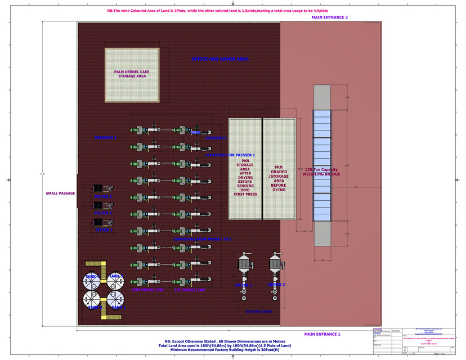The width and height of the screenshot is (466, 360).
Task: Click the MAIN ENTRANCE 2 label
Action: coord(329,18)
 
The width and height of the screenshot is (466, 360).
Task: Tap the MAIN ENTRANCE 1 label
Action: coord(322,334)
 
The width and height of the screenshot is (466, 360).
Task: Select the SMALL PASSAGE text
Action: coord(60,193)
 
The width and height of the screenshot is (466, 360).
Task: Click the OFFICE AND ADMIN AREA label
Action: coord(219,58)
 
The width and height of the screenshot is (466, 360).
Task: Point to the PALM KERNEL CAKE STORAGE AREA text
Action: coord(132,74)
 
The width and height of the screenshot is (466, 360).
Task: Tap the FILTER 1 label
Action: coord(104,229)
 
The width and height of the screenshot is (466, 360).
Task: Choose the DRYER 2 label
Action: coord(276,285)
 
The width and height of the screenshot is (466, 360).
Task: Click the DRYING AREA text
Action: coord(259,311)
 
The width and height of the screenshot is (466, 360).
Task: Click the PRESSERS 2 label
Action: coord(106,138)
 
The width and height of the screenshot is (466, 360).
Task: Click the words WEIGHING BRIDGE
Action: coord(321,174)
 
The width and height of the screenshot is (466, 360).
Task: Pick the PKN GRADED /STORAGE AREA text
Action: coord(279,178)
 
